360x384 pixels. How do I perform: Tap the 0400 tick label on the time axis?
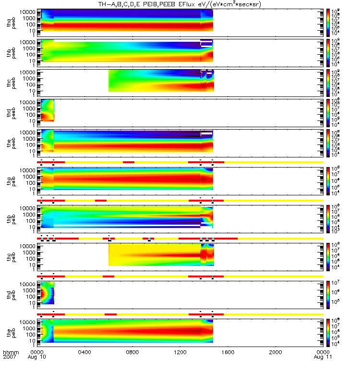(84, 352)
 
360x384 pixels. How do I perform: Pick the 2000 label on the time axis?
(276, 352)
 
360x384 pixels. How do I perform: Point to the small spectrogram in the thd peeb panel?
(48, 110)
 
